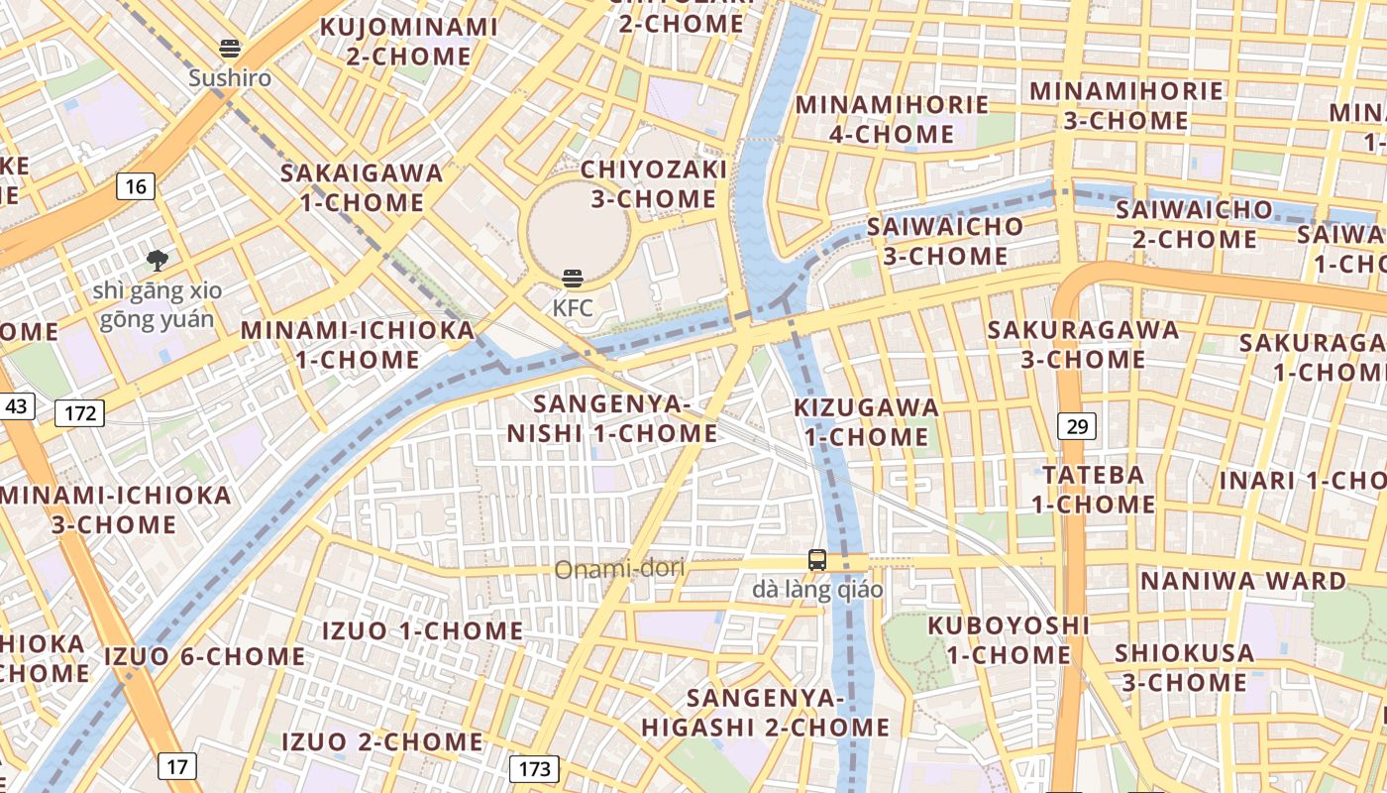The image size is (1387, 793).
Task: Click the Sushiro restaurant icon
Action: [x=230, y=49]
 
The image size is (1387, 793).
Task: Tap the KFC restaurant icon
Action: [x=573, y=279]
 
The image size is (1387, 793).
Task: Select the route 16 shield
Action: [x=136, y=185]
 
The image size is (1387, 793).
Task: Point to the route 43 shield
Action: [x=17, y=405]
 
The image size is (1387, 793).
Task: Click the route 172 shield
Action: [x=79, y=412]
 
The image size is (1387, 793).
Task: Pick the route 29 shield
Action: [x=1077, y=427]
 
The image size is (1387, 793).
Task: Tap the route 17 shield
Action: [x=176, y=766]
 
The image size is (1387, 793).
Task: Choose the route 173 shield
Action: [x=534, y=768]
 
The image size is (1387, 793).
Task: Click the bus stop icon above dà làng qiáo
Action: [x=817, y=560]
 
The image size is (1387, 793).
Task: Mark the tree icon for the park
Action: [x=157, y=261]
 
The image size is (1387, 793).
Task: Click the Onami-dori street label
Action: [x=619, y=570]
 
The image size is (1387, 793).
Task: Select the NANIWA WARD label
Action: [x=1243, y=580]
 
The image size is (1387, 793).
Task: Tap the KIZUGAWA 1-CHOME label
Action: [x=866, y=422]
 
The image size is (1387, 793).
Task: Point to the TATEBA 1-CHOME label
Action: [x=1094, y=490]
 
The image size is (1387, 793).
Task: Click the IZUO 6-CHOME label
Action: [x=205, y=656]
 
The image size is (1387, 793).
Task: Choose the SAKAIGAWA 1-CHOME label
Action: [x=362, y=187]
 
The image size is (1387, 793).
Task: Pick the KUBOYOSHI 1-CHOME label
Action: [x=1009, y=640]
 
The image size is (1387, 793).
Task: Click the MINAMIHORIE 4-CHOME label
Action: [x=892, y=119]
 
